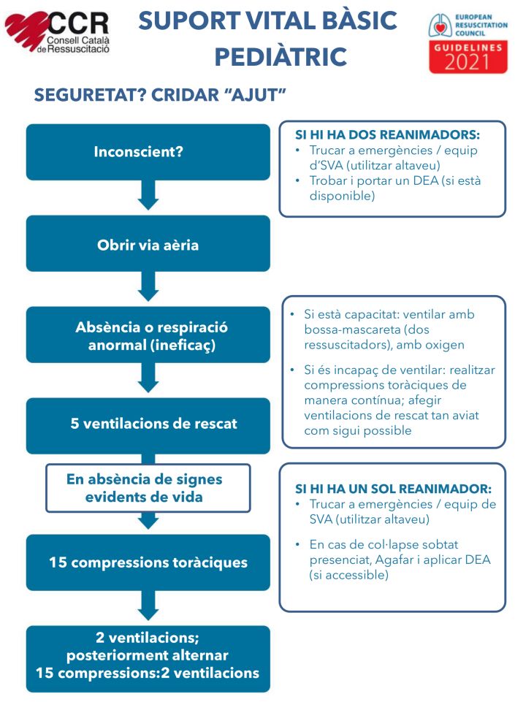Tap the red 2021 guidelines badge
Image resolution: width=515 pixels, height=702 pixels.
click(x=468, y=57)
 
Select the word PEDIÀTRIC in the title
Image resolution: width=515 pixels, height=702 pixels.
click(x=280, y=56)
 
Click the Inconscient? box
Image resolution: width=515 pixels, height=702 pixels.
click(x=148, y=152)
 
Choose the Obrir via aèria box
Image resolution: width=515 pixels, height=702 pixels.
click(x=148, y=244)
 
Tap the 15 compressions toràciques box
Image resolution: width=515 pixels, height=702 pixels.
click(x=148, y=562)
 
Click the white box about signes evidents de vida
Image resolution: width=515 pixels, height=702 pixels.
click(x=148, y=488)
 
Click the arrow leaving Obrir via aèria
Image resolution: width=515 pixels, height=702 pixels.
click(x=148, y=287)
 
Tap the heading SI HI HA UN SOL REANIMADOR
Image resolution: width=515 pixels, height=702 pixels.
click(x=393, y=489)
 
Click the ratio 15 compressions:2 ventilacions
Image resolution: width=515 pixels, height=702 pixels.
click(x=148, y=673)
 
